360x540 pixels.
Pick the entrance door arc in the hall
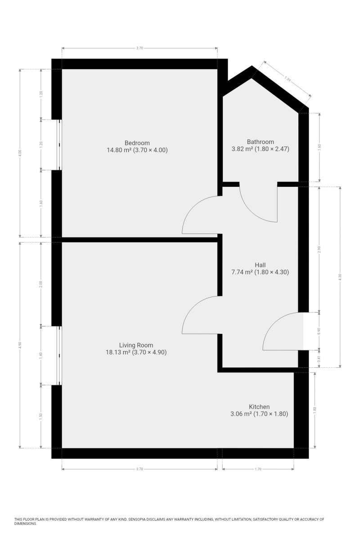point(274,324)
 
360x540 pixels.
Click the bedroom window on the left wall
point(59,145)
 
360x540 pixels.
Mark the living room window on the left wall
point(59,355)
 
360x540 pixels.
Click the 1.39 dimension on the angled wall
point(288,79)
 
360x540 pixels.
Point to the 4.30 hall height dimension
point(340,277)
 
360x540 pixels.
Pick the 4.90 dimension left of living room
point(20,345)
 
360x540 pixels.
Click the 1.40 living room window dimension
point(41,355)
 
